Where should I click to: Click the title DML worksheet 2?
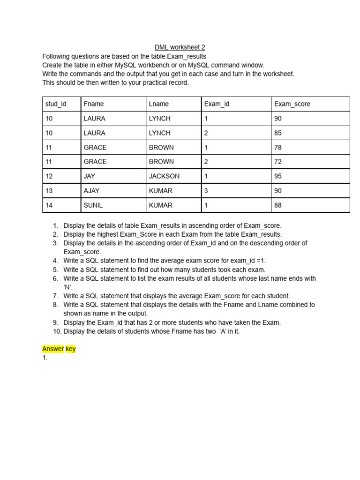(x=180, y=47)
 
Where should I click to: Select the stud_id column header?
(x=55, y=104)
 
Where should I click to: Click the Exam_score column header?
(x=292, y=104)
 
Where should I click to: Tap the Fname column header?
(x=94, y=104)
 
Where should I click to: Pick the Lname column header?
(x=158, y=104)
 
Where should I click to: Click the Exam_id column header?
(x=217, y=104)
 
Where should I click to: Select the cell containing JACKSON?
(x=164, y=176)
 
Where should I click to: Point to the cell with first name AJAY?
(x=92, y=191)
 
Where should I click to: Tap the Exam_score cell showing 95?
(x=278, y=176)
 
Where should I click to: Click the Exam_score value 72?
(x=278, y=162)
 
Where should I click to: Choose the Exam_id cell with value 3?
(x=206, y=191)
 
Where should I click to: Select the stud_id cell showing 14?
(x=49, y=205)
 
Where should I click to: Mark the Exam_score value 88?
(x=278, y=205)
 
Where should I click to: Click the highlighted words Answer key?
(x=59, y=349)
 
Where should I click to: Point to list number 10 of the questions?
(x=57, y=331)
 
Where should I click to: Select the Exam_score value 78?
(x=278, y=147)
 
